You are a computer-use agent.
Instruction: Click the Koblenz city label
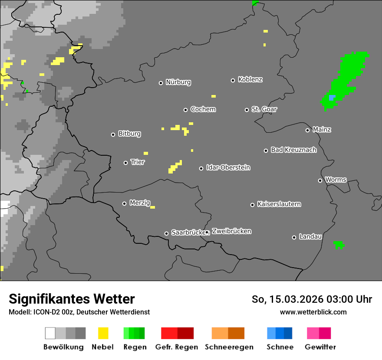(250, 79)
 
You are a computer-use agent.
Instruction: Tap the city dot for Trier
(126, 163)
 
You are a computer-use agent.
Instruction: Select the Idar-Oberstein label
(228, 167)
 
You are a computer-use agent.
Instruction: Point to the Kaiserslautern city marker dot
(252, 205)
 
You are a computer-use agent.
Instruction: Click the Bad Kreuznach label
(293, 150)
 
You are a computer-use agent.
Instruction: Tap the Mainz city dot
(307, 130)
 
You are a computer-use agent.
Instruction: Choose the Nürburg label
(178, 82)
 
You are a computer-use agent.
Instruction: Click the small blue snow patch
(332, 98)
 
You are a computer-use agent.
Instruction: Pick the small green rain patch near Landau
(339, 245)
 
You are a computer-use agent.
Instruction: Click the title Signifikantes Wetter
(72, 299)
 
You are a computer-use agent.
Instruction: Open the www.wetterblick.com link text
(313, 312)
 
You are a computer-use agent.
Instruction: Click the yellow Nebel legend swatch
(103, 333)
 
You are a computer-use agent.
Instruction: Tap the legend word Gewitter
(320, 347)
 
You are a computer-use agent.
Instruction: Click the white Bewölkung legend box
(50, 333)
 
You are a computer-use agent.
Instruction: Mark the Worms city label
(336, 180)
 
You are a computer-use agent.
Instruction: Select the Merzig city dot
(125, 203)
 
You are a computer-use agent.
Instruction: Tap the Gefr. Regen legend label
(176, 347)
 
